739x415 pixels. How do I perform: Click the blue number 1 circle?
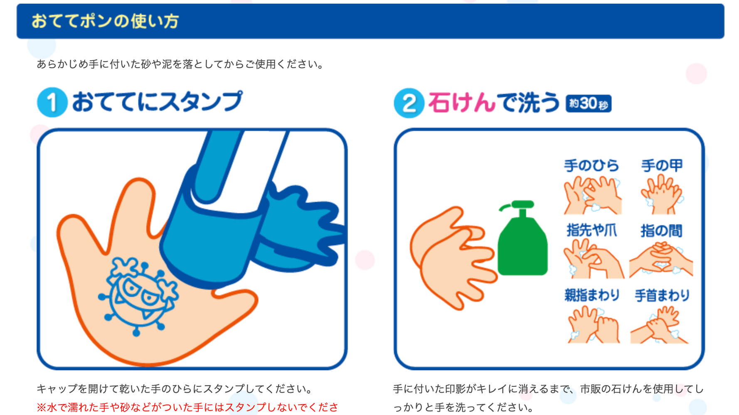[52, 103]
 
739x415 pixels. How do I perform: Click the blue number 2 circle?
[409, 103]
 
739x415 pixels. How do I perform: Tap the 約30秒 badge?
[588, 103]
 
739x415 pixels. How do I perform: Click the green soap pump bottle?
[522, 245]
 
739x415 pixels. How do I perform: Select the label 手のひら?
[591, 166]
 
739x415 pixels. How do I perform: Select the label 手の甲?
[662, 165]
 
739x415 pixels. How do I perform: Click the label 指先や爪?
[591, 230]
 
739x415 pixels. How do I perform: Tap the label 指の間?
[661, 231]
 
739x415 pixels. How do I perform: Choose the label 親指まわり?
[592, 295]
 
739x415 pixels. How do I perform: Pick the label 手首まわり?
[662, 295]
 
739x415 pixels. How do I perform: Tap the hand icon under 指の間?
[661, 260]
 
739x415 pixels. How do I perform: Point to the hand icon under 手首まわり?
[659, 325]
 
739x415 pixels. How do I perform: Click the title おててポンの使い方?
[105, 21]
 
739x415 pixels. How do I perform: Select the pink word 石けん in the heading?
[461, 103]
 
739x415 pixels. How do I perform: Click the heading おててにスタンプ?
[157, 102]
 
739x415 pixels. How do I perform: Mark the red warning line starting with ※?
[187, 407]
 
